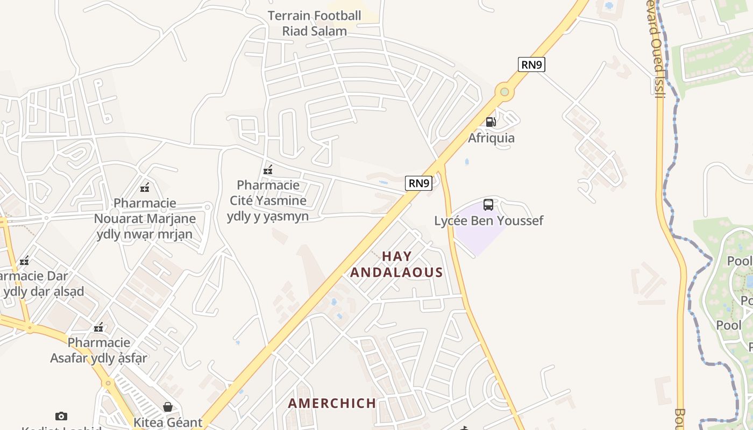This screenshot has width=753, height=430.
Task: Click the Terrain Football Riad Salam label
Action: point(315,23)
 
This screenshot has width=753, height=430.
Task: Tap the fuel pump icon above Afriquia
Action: point(491,122)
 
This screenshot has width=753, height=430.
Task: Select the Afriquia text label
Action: point(491,138)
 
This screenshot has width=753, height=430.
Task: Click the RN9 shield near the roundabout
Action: point(532,64)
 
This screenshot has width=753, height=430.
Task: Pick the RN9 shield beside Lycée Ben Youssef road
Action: point(418,183)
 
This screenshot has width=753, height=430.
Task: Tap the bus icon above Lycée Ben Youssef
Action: point(488,205)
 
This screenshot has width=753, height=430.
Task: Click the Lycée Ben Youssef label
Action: point(489,221)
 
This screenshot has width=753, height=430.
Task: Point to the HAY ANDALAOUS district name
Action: point(396,264)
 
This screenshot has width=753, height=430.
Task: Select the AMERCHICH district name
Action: point(332,403)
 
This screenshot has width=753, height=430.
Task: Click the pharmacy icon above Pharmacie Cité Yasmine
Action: point(268,170)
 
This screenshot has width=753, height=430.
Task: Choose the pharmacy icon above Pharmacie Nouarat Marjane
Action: point(145,188)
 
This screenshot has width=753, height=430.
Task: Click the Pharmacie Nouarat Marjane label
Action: point(145,219)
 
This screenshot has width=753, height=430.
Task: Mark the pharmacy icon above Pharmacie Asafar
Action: point(98,327)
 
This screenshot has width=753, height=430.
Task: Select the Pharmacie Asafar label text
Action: point(99,350)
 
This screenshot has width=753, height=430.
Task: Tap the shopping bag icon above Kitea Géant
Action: point(168,407)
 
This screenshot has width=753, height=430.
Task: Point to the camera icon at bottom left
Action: point(61,416)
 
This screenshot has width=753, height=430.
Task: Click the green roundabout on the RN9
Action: point(504,92)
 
